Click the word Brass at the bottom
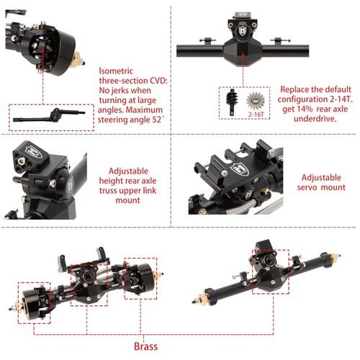(145, 346)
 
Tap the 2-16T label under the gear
(256, 114)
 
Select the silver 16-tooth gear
(256, 101)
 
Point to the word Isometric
(116, 71)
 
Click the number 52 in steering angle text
(156, 120)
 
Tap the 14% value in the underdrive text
(305, 109)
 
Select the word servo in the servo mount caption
(307, 187)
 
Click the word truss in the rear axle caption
(108, 191)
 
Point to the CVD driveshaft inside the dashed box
(49, 116)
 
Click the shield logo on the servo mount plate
(240, 168)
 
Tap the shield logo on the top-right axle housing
(242, 30)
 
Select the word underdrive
(315, 119)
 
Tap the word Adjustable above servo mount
(321, 178)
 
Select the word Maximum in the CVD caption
(144, 110)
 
